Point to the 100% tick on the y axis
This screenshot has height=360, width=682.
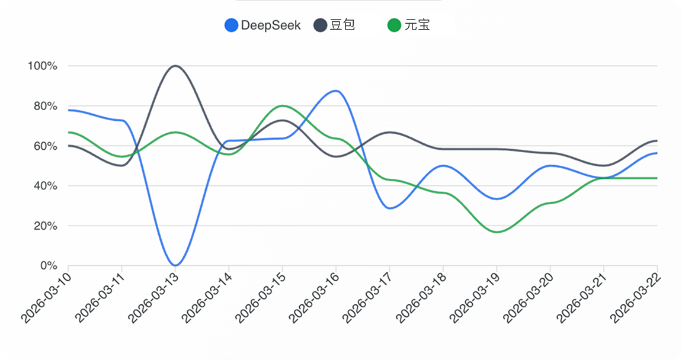point(42,66)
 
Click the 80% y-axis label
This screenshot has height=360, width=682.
point(44,106)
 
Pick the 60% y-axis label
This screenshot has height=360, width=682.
point(44,146)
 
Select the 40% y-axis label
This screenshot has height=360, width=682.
point(44,186)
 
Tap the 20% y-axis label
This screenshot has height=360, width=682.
point(44,226)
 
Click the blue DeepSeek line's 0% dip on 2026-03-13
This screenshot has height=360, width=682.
point(175,265)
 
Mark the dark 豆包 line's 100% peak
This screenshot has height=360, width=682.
point(175,66)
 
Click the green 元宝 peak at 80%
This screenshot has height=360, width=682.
point(282,106)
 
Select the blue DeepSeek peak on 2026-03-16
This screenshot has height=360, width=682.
point(336,91)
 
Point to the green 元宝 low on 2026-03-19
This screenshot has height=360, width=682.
point(497,232)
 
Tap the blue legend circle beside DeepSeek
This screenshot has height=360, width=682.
point(231,25)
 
